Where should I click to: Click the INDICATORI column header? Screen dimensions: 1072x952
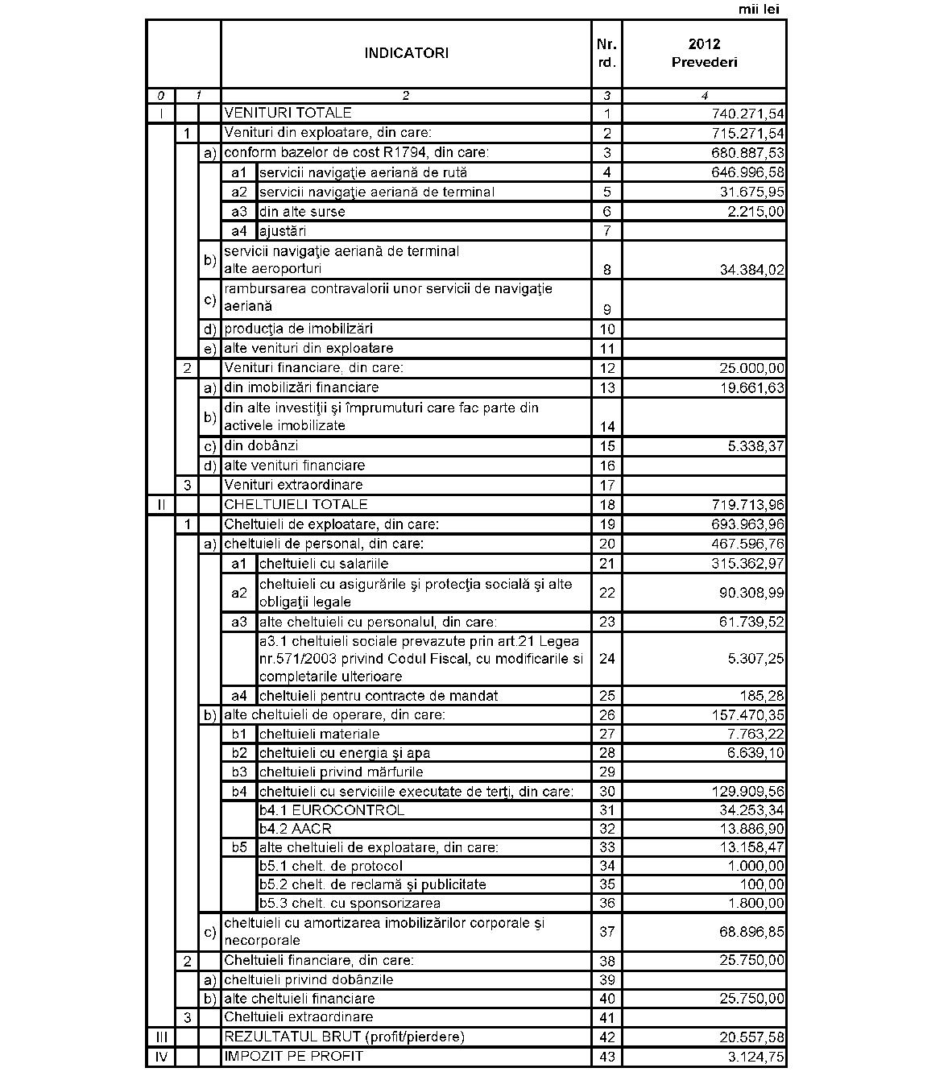(406, 53)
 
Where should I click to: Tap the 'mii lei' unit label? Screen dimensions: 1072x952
(759, 10)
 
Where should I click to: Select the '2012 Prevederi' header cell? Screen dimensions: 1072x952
(704, 53)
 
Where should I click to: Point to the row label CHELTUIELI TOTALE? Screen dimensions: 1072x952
(296, 505)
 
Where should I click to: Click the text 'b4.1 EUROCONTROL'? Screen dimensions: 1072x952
(332, 809)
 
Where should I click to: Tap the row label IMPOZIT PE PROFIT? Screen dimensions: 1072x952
(293, 1056)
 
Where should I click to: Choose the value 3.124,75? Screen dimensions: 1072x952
(755, 1057)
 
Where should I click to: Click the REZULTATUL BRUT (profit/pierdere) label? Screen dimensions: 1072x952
(344, 1037)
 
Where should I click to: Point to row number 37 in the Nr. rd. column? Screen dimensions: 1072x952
(607, 932)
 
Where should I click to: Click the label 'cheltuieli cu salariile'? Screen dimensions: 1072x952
(324, 564)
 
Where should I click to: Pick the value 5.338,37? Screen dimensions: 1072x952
(755, 446)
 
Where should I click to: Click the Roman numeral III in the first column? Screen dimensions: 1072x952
(160, 1037)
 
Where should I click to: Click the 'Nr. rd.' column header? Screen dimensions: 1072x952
(607, 53)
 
